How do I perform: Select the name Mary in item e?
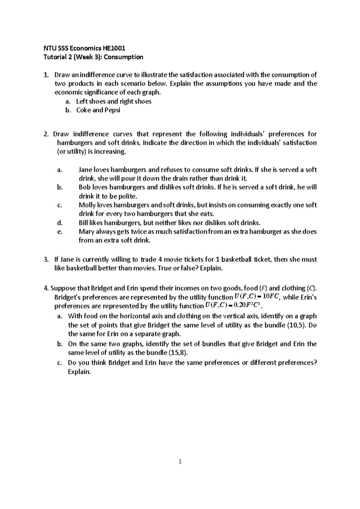pyautogui.click(x=86, y=231)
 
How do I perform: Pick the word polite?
pyautogui.click(x=127, y=196)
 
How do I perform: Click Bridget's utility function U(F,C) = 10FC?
pyautogui.click(x=257, y=296)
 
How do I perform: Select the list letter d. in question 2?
pyautogui.click(x=59, y=223)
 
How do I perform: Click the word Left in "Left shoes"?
pyautogui.click(x=82, y=101)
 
